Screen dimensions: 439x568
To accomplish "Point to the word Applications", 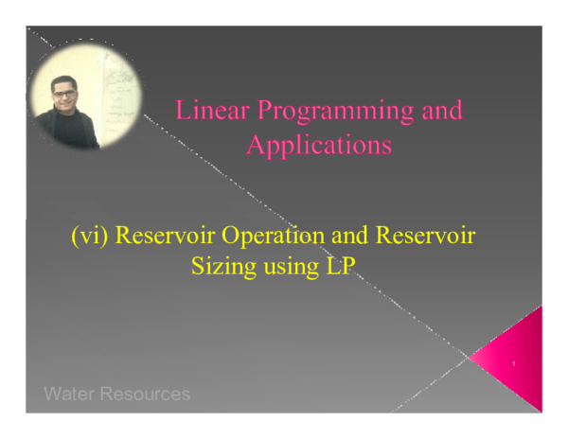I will (319, 146).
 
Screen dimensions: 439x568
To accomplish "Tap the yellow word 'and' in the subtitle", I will (346, 236).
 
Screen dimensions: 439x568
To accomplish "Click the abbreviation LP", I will (336, 266).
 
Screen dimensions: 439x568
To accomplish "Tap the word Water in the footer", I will (69, 394).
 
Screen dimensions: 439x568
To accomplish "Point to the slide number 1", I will (512, 364).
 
